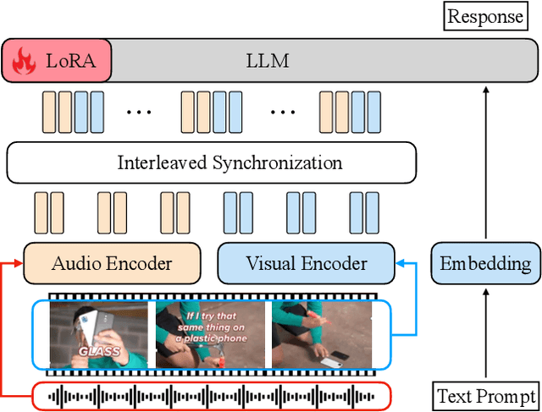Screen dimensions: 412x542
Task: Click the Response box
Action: click(x=485, y=16)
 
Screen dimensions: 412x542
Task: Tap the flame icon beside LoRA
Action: click(x=24, y=62)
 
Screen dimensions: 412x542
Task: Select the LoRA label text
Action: click(x=71, y=61)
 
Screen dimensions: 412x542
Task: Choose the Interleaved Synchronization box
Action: click(x=211, y=162)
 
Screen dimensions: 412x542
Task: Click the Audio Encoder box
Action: click(x=111, y=263)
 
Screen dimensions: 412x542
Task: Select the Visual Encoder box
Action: click(x=306, y=263)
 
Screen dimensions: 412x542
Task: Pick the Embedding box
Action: click(x=485, y=263)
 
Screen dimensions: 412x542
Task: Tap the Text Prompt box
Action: click(x=485, y=395)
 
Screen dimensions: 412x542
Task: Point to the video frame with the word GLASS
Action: click(x=99, y=335)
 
